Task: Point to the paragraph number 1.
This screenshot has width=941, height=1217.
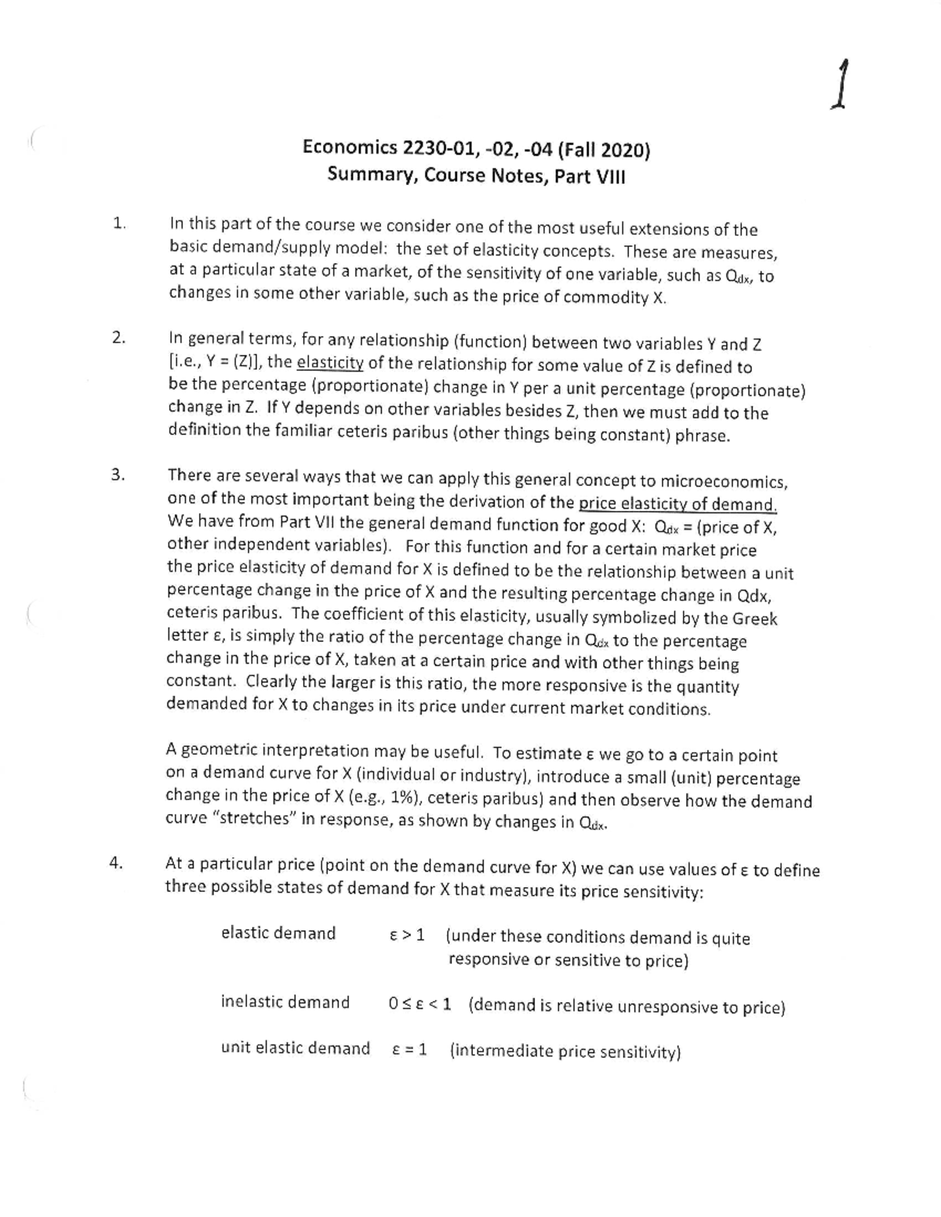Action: [x=118, y=223]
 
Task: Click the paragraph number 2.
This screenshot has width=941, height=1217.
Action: [x=118, y=339]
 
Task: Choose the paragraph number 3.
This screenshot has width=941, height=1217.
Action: [x=118, y=475]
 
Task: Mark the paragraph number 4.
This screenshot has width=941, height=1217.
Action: [x=116, y=863]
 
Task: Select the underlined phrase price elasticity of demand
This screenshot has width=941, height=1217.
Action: [x=677, y=504]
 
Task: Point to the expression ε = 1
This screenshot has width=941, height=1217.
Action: [x=409, y=1049]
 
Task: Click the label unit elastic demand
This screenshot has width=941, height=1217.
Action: [x=295, y=1048]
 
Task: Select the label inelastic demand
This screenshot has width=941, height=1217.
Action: [x=285, y=1002]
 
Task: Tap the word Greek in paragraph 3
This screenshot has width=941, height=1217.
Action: [x=754, y=619]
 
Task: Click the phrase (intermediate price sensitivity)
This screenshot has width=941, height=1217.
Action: [x=565, y=1051]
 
